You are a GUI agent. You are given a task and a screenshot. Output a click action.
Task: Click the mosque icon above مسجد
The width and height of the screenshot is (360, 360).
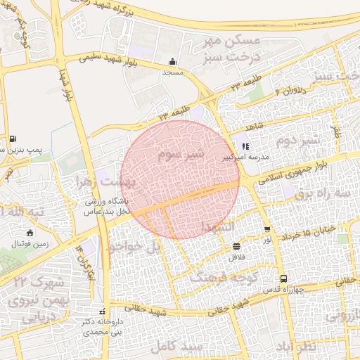[173, 61]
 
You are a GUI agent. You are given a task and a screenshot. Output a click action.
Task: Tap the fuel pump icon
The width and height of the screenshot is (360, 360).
[14, 138]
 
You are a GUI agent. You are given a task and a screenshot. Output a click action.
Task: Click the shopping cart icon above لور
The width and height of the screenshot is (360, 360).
[267, 229]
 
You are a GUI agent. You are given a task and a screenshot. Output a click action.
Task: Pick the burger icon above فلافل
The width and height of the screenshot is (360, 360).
[236, 246]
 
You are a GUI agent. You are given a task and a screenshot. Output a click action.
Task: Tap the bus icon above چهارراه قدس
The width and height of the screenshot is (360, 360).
[283, 278]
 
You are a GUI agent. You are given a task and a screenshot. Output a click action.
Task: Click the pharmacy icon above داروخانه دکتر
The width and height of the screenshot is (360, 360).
[103, 311]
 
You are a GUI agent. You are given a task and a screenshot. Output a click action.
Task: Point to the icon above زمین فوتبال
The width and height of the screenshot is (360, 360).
[29, 233]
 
